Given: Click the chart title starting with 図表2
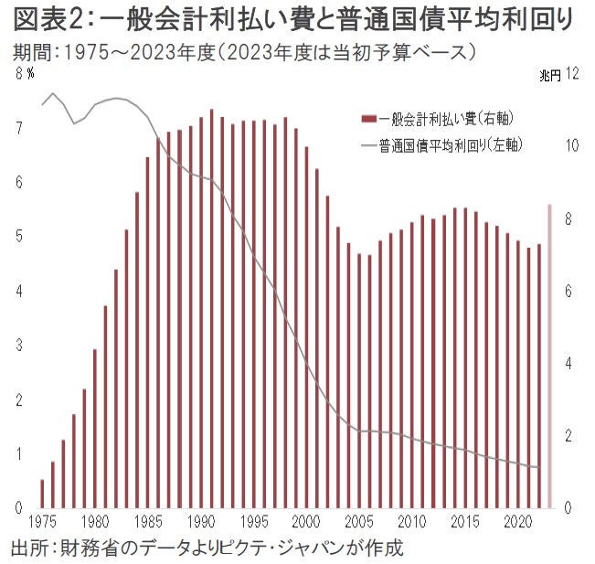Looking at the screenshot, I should (x=292, y=19).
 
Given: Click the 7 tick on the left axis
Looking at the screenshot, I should (x=19, y=130).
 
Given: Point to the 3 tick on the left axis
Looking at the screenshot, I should (x=19, y=346).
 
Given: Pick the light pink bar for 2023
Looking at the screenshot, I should (x=549, y=356).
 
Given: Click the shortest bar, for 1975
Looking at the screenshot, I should (x=42, y=494).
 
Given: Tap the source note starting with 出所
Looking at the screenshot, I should (x=207, y=548).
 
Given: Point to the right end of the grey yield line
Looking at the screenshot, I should (x=539, y=467).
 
